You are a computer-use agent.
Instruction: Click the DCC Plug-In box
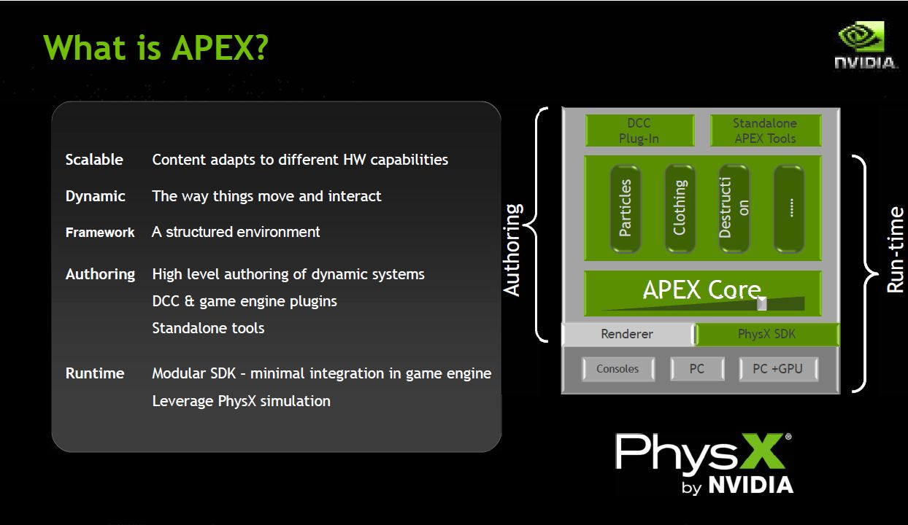[x=639, y=131]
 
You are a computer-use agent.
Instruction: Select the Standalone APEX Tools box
[x=766, y=131]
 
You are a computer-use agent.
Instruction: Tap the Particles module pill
[x=626, y=209]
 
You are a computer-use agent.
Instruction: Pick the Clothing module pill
[x=680, y=209]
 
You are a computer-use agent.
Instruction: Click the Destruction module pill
[x=734, y=209]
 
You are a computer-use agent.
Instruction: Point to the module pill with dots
[x=789, y=209]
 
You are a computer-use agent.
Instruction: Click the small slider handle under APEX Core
[x=762, y=303]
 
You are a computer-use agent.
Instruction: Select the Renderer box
[x=628, y=334]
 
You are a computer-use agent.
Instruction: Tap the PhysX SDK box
[x=767, y=334]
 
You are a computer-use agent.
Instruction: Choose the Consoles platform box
[x=618, y=369]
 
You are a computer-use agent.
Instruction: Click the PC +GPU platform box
[x=778, y=369]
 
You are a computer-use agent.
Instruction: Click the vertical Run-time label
[x=895, y=250]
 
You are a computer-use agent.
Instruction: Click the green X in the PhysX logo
[x=763, y=451]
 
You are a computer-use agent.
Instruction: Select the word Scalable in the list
[x=94, y=160]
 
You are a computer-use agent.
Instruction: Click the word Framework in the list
[x=100, y=233]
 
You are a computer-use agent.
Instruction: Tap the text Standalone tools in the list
[x=208, y=328]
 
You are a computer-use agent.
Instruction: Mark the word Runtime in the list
[x=95, y=373]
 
